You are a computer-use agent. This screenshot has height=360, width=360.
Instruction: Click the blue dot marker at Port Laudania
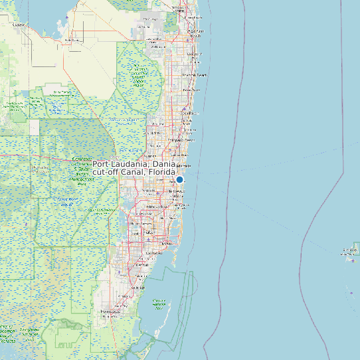179,179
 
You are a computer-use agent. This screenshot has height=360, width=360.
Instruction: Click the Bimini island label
349,251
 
